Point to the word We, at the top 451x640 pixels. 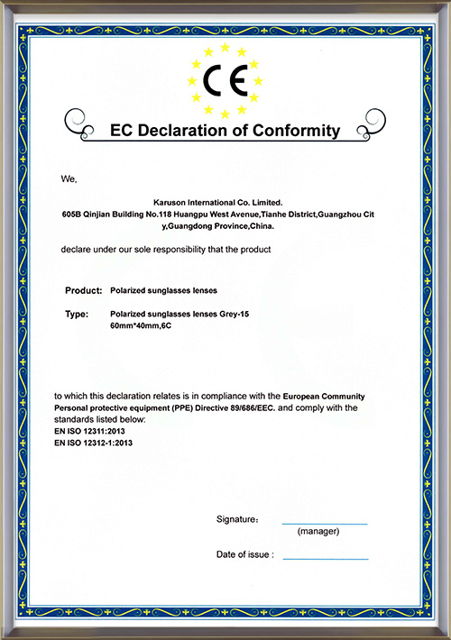point(69,179)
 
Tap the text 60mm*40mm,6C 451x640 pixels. point(140,325)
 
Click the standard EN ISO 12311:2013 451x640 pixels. point(93,432)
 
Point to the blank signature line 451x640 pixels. point(325,523)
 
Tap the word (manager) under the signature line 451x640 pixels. point(318,533)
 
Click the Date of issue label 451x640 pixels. point(244,554)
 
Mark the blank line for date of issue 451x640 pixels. point(326,559)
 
